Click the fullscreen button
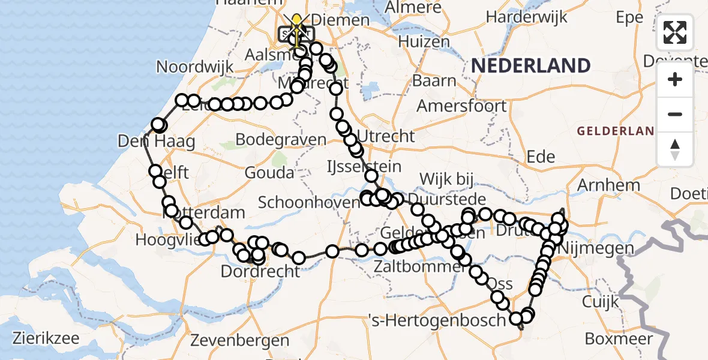(x=675, y=32)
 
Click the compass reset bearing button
(x=675, y=149)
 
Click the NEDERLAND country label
(x=530, y=65)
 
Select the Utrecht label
(x=386, y=136)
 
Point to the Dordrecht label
(x=260, y=271)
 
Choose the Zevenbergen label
(x=239, y=340)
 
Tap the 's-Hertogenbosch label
(x=437, y=320)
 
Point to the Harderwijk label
(x=527, y=17)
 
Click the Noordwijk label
(x=195, y=67)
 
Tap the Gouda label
(x=269, y=173)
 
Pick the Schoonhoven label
(x=309, y=202)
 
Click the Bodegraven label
(x=281, y=140)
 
